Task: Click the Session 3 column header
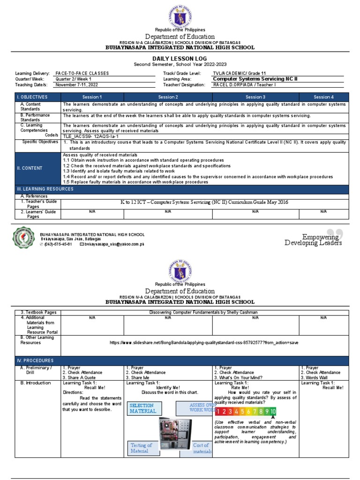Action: point(255,97)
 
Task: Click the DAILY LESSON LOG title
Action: point(180,58)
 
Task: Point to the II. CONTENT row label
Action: point(29,168)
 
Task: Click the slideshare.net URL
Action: point(204,343)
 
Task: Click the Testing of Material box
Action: point(142,448)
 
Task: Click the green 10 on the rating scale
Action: point(273,412)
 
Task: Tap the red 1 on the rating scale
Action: point(218,412)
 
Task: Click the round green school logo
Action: point(23,238)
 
